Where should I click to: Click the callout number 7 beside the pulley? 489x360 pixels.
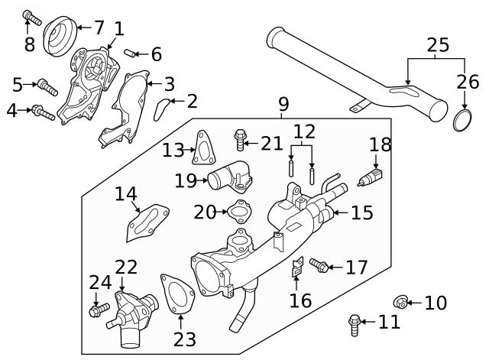(x=99, y=28)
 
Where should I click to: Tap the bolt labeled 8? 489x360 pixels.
(x=31, y=16)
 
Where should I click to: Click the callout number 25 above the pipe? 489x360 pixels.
(x=438, y=45)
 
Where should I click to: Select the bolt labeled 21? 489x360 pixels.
(x=241, y=139)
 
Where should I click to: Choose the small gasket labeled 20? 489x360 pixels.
(x=239, y=211)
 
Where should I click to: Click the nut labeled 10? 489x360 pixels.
(x=399, y=303)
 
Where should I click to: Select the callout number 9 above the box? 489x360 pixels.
(x=283, y=102)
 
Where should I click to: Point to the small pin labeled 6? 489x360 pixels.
(x=131, y=53)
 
